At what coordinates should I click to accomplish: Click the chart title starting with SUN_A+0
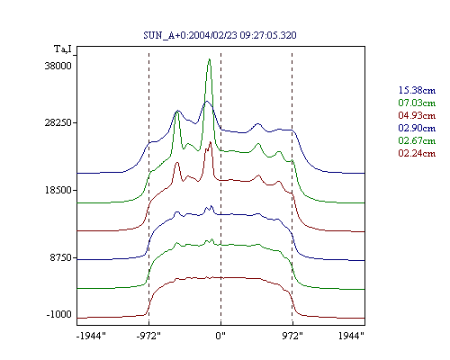tap(220, 35)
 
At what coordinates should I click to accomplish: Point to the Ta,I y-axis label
tap(63, 49)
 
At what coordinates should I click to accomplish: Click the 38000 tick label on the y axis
tap(58, 66)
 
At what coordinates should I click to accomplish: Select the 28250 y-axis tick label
tap(58, 122)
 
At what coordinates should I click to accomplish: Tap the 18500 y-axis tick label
tap(58, 190)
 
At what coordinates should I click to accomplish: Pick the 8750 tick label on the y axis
tap(61, 257)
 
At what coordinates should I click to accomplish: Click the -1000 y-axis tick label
tap(59, 314)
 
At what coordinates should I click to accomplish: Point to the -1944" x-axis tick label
tap(91, 336)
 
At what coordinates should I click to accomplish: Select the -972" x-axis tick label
tap(148, 336)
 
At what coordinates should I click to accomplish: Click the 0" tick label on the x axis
tap(220, 336)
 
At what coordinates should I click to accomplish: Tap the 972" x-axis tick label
tap(292, 336)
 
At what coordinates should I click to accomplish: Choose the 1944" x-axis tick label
tap(351, 336)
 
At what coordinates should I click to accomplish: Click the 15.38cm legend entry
tap(417, 90)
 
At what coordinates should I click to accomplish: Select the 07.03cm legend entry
tap(417, 103)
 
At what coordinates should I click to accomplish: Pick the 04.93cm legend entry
tap(417, 115)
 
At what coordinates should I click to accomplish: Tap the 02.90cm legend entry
tap(417, 128)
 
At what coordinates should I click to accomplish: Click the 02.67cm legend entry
tap(417, 140)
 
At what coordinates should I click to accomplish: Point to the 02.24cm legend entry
tap(417, 153)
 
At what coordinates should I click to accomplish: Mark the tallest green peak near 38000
tap(210, 59)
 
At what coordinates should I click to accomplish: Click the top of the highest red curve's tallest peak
tap(211, 142)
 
